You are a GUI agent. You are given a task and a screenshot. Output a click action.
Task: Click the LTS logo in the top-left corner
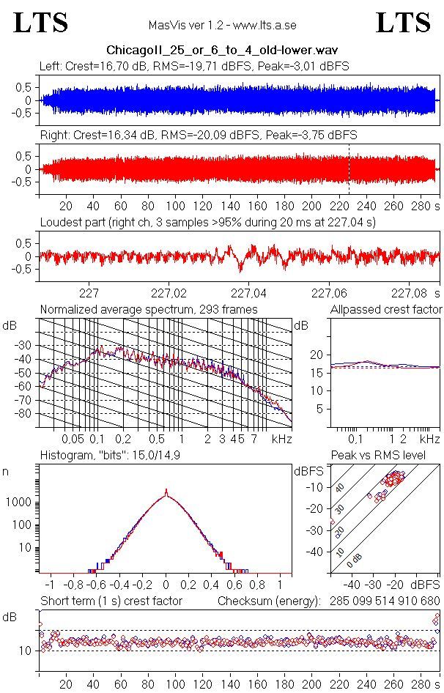coord(41,23)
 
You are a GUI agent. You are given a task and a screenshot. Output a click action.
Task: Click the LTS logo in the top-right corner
coord(403,23)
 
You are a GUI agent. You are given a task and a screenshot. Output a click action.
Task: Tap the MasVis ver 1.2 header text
coord(221,25)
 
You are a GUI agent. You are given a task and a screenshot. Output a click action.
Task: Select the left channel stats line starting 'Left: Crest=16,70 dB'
coord(194,66)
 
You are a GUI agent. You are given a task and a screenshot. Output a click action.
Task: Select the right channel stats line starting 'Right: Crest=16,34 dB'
coord(198,136)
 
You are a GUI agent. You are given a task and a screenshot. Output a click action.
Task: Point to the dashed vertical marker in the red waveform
coord(349,169)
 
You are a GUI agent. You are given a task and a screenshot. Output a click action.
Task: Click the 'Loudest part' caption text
coord(207,222)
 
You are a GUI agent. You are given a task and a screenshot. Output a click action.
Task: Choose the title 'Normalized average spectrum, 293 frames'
coord(149,310)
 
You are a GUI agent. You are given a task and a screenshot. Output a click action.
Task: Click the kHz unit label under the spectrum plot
coord(282,440)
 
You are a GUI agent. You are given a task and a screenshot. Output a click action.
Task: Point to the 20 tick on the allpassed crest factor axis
coord(317,355)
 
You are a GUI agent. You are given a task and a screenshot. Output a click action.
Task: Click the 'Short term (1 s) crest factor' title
coord(111,601)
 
